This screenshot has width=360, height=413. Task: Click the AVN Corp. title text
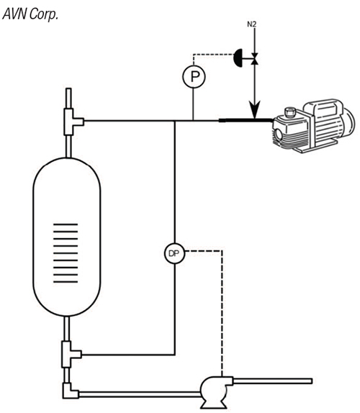[x=30, y=14]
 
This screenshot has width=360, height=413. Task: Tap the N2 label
[x=252, y=24]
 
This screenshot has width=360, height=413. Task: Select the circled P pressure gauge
[x=194, y=76]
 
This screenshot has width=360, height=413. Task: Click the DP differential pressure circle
[x=174, y=253]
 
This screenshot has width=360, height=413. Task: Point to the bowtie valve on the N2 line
[x=255, y=58]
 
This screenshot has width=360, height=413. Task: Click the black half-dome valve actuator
[x=238, y=58]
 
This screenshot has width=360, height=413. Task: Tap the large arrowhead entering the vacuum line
[x=254, y=110]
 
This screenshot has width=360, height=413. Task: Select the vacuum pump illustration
[x=314, y=126]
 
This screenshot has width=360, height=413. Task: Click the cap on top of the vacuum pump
[x=290, y=112]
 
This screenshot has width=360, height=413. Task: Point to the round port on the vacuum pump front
[x=279, y=133]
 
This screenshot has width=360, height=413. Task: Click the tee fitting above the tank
[x=73, y=122]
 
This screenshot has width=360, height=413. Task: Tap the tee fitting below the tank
[x=71, y=354]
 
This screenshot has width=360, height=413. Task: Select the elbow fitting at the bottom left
[x=70, y=391]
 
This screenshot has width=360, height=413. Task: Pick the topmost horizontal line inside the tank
[x=66, y=224]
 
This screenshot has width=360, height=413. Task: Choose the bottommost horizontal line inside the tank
[x=66, y=282]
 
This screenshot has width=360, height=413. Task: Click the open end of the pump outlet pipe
[x=312, y=381]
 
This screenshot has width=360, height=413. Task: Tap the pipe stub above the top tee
[x=68, y=99]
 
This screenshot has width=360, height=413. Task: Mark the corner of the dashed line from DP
[x=222, y=250]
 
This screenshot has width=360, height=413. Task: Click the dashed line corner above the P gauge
[x=194, y=55]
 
